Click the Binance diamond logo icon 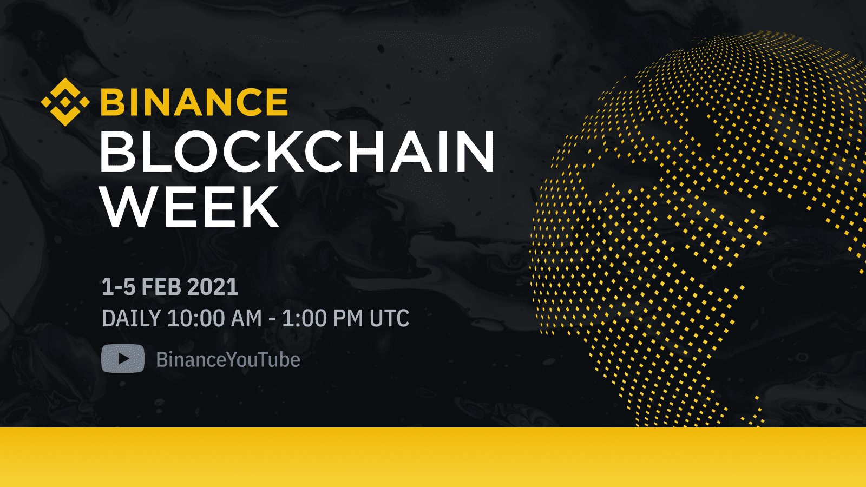coord(65,102)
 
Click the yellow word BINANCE coord(194,102)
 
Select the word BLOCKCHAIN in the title coord(297,152)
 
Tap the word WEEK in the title coord(189,207)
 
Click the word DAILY coord(131,319)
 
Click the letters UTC coord(389,319)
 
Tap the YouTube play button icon coord(123,359)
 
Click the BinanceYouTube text coord(228,360)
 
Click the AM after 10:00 coord(246,319)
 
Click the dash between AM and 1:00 coord(272,319)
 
